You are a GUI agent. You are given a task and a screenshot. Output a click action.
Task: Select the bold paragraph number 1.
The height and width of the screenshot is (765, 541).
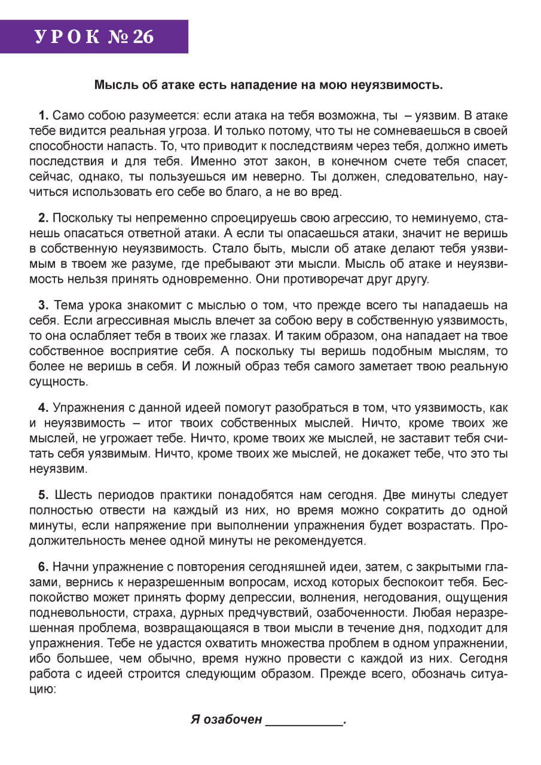(x=43, y=115)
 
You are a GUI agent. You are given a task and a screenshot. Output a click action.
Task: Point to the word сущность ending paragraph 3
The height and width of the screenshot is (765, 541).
(x=58, y=381)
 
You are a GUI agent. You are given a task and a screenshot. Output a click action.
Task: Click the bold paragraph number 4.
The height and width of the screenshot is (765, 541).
(x=43, y=408)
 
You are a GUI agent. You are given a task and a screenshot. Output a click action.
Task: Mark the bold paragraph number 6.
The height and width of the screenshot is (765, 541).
(x=43, y=567)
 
